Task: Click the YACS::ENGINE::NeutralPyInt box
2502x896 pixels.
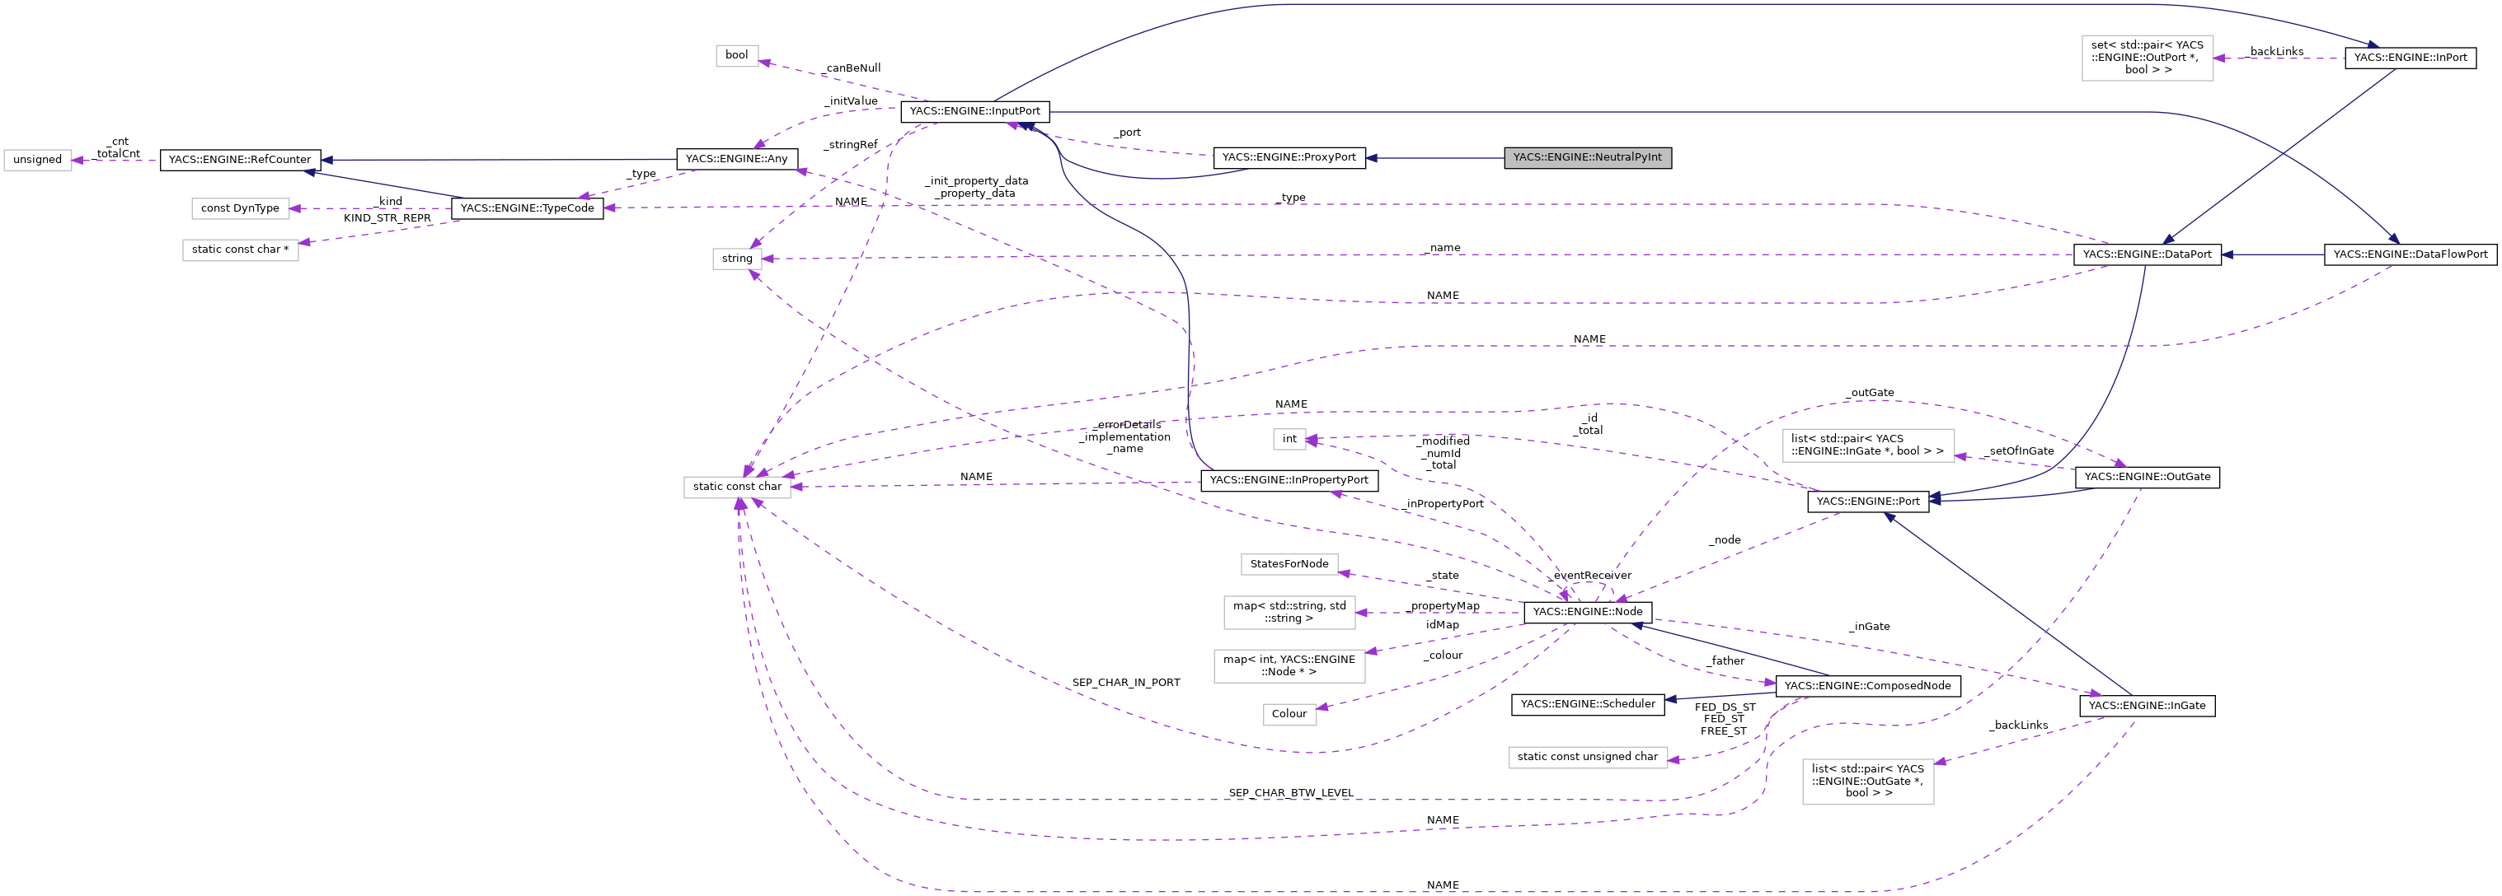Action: [1587, 157]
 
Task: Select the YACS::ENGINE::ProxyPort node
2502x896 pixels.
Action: [1288, 157]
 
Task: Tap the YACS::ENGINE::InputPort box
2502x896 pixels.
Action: [974, 112]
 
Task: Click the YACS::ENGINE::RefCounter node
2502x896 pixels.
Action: [240, 160]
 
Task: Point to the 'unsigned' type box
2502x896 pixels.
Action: [38, 160]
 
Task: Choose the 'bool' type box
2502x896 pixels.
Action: [736, 55]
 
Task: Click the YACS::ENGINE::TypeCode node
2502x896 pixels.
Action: [527, 208]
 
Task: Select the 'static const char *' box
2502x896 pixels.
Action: [240, 250]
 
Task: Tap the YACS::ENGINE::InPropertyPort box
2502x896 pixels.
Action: [1288, 480]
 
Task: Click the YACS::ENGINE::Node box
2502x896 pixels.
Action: [1587, 612]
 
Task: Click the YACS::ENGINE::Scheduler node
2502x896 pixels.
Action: [1587, 704]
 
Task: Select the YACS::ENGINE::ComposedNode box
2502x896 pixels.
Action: [1866, 685]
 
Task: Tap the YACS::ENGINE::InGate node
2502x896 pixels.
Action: [2147, 706]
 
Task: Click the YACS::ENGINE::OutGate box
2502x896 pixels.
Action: [2147, 477]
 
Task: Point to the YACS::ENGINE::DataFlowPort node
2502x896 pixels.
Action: [2410, 254]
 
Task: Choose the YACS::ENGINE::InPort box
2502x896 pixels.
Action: [2410, 58]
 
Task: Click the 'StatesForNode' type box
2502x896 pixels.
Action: [1289, 564]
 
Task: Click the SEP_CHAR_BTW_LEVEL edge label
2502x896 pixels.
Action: [1290, 793]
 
